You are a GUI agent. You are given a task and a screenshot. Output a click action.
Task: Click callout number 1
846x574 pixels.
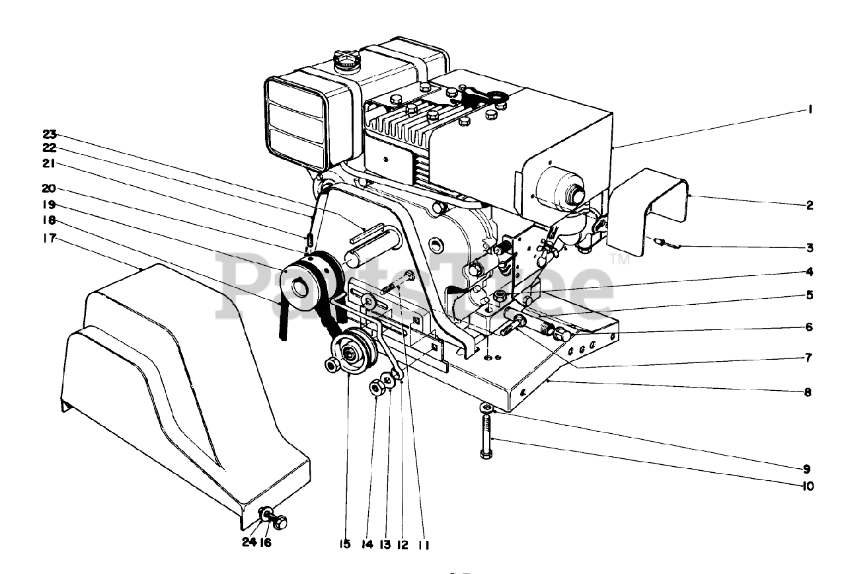(x=808, y=110)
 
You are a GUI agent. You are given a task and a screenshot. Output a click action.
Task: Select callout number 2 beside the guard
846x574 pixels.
(x=808, y=206)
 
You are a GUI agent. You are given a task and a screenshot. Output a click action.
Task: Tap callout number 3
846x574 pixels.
(x=808, y=249)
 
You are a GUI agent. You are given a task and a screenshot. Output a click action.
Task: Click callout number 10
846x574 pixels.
(x=807, y=486)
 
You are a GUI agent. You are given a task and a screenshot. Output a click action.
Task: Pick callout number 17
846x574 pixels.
(x=50, y=238)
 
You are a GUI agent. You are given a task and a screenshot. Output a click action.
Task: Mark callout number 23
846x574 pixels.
(x=50, y=132)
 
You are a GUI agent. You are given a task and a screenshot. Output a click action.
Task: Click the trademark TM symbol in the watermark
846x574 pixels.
(x=621, y=260)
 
